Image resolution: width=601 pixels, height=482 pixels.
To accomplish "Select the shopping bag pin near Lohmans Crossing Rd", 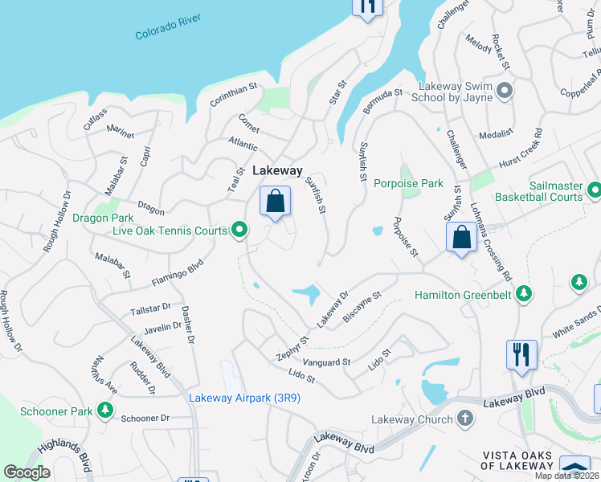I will click(461, 237).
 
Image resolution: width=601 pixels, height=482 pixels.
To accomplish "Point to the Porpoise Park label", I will click(408, 183).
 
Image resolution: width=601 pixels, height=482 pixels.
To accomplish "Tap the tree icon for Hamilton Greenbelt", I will click(524, 295).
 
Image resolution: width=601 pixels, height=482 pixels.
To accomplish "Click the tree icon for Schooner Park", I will click(104, 411).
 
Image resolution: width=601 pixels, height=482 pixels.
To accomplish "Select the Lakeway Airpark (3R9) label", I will click(244, 398).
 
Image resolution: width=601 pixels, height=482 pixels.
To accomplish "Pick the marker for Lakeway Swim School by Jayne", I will click(505, 91).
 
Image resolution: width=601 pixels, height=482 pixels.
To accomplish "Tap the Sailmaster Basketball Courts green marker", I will click(594, 190).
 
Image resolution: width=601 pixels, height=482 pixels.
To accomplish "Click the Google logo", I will click(27, 472).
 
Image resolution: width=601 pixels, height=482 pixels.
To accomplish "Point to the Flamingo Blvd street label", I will click(177, 272).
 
